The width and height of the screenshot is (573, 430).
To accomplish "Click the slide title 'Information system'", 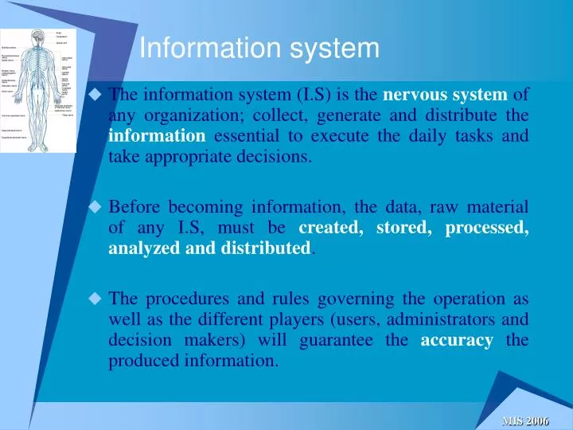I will [x=259, y=49].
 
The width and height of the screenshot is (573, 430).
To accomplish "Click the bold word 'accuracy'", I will [x=458, y=341].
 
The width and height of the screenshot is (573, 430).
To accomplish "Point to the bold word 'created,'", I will [x=327, y=229].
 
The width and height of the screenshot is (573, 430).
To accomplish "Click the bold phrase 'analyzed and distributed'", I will [x=209, y=248].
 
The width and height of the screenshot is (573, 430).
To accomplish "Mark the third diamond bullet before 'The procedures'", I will [x=95, y=300].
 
